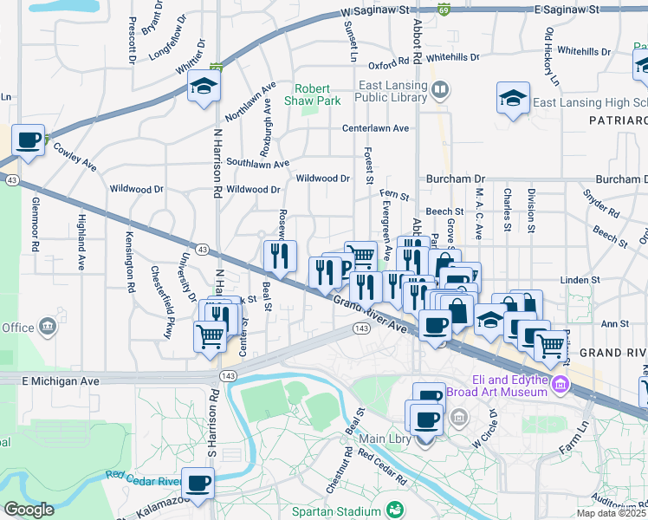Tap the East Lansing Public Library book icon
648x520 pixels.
click(x=440, y=89)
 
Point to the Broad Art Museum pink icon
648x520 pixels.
click(x=561, y=383)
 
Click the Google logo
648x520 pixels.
click(x=29, y=510)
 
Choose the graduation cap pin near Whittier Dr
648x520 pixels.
click(x=204, y=86)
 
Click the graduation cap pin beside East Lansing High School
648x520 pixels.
click(x=513, y=98)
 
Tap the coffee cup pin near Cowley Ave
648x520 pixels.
click(x=29, y=140)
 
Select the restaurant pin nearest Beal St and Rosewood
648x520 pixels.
click(x=280, y=255)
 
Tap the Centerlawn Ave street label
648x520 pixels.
click(x=375, y=128)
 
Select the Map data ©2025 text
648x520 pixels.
click(x=612, y=513)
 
